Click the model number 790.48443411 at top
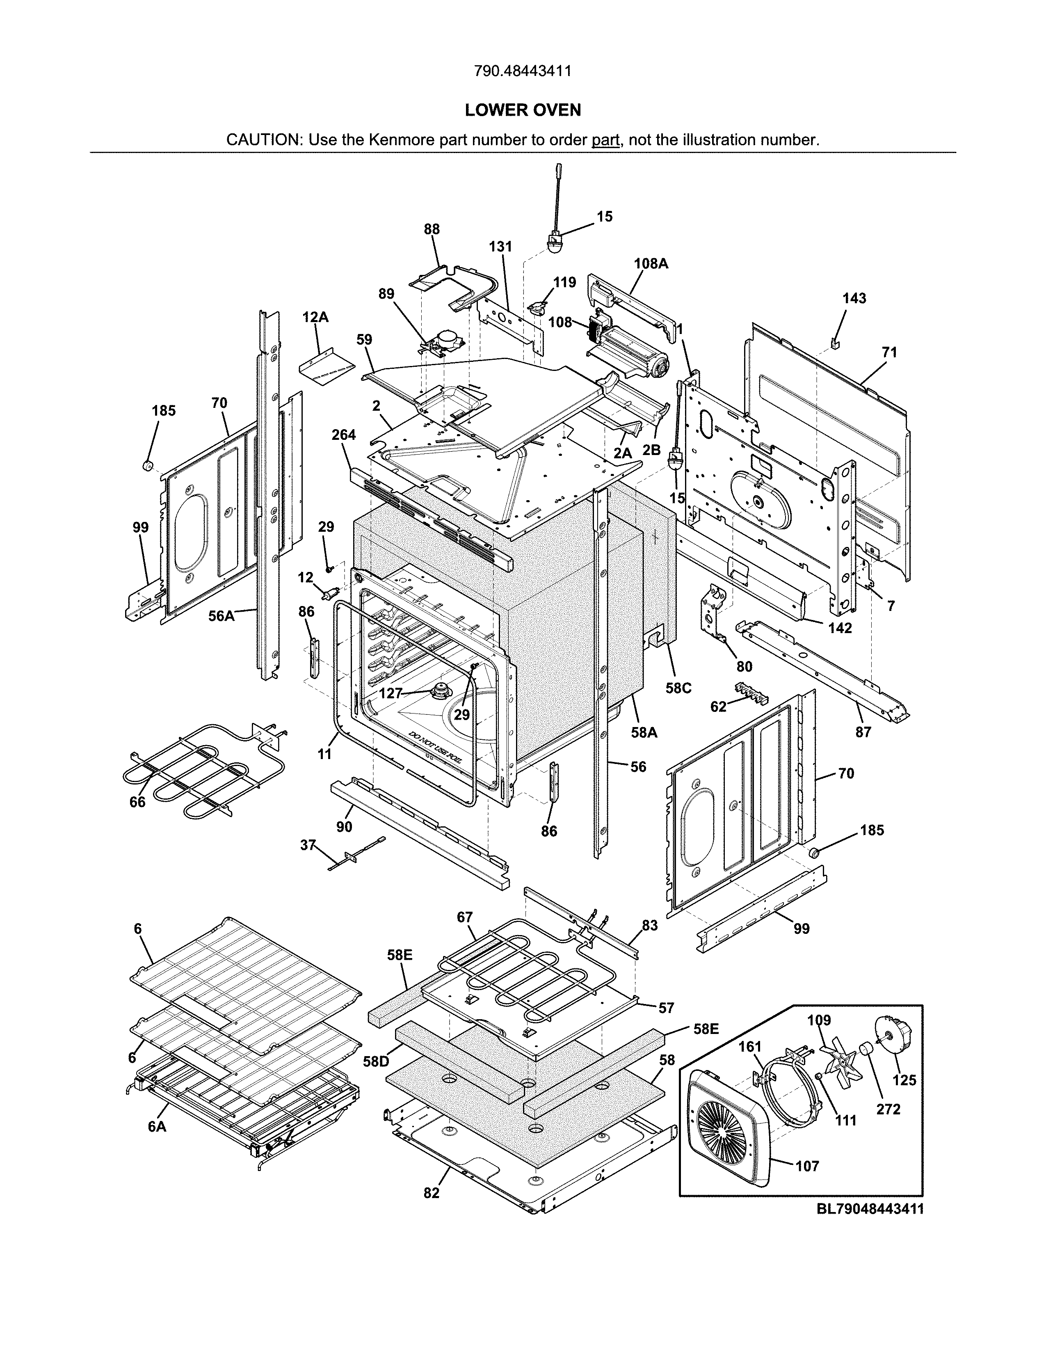(522, 71)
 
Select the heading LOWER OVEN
(522, 110)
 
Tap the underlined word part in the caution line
(605, 140)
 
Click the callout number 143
(854, 298)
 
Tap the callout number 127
(391, 693)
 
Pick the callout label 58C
(678, 688)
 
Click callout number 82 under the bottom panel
(431, 1193)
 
